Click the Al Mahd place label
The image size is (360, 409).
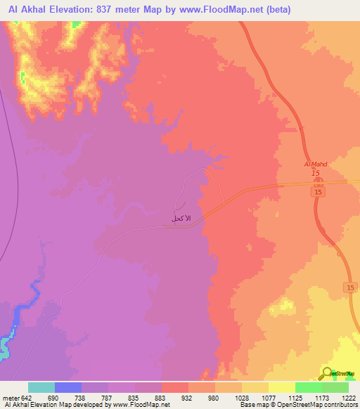pyautogui.click(x=316, y=164)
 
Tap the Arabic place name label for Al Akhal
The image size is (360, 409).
pyautogui.click(x=181, y=219)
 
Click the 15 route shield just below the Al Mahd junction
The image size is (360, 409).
pyautogui.click(x=317, y=192)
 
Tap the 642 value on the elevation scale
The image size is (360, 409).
pyautogui.click(x=25, y=397)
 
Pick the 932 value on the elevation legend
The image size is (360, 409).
pyautogui.click(x=187, y=397)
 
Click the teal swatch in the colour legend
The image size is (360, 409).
pyautogui.click(x=41, y=387)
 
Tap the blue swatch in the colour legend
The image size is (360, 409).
pyautogui.click(x=68, y=387)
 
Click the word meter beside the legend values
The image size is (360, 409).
pyautogui.click(x=9, y=397)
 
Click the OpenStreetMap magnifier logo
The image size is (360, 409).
pyautogui.click(x=327, y=374)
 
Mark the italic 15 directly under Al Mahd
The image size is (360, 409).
pyautogui.click(x=316, y=173)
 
